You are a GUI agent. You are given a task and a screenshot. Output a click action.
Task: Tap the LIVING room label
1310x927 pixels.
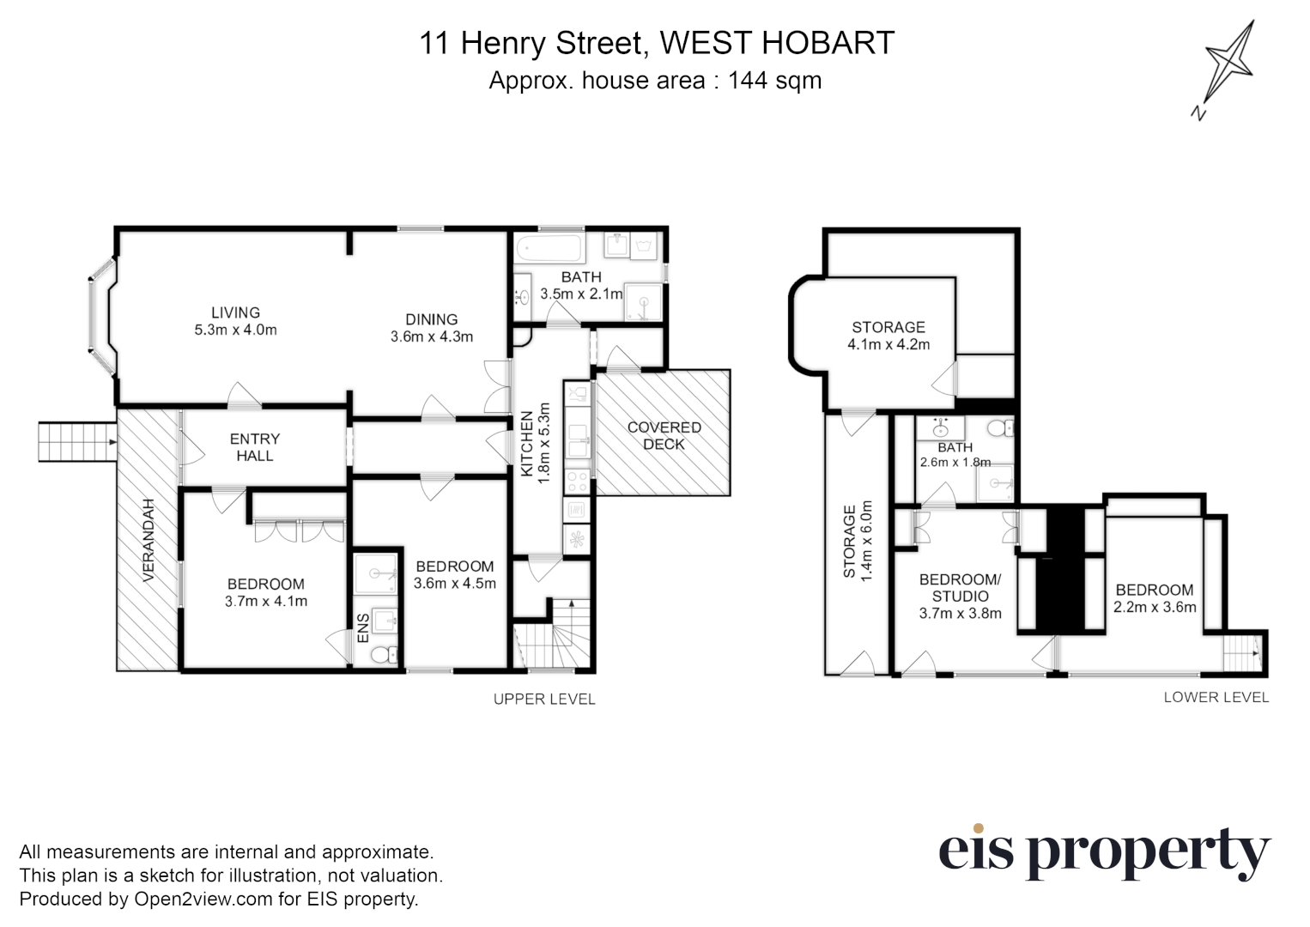236,312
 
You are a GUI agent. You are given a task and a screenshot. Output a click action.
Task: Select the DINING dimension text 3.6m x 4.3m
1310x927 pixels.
432,336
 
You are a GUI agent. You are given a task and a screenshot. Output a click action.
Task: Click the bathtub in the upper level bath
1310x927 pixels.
549,250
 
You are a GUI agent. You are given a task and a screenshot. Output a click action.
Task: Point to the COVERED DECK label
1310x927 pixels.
664,435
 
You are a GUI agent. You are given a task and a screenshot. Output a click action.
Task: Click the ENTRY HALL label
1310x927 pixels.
255,446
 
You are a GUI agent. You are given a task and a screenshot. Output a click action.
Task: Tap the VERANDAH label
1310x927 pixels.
148,541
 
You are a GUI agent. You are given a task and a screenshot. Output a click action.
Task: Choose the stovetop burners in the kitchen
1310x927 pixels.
578,482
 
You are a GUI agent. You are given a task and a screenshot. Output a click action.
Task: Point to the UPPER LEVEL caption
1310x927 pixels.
543,699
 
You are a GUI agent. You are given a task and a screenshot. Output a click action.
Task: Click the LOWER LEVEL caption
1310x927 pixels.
1216,697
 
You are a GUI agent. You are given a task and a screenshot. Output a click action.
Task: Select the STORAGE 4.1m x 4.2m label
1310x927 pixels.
888,336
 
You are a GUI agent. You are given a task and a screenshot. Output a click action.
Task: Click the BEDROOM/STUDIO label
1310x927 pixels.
960,588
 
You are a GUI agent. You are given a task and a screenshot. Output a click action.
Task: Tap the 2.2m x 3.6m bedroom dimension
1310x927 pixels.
1155,607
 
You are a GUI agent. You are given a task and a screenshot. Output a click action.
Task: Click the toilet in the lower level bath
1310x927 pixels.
997,428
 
